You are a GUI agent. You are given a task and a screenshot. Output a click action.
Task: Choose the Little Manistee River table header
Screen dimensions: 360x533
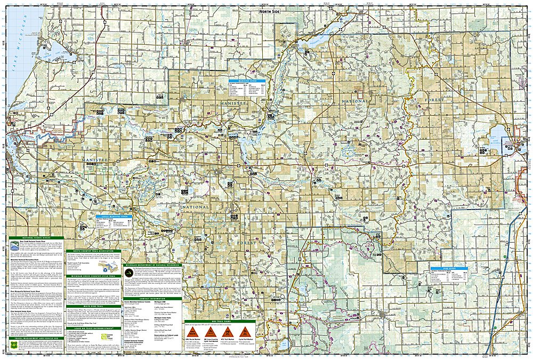click(112, 217)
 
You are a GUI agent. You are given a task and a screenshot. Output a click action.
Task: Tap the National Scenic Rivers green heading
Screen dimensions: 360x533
click(36, 237)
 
